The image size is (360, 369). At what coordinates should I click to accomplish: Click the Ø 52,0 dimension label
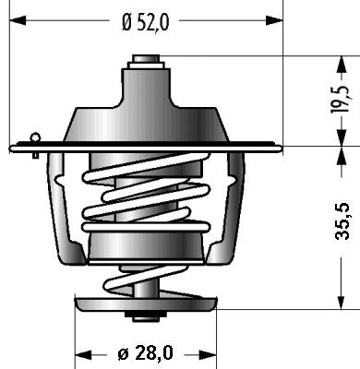[x=146, y=23]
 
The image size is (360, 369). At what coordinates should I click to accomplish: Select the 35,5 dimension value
[x=342, y=221]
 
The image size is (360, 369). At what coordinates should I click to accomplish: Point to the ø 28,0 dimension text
[x=145, y=353]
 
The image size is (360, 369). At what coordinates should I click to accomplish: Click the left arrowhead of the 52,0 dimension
[x=18, y=20]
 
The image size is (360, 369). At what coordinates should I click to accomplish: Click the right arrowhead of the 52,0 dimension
[x=274, y=20]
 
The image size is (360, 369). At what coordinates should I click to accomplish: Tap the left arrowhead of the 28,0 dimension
[x=83, y=354]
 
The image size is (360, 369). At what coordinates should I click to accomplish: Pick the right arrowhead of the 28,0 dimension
[x=208, y=354]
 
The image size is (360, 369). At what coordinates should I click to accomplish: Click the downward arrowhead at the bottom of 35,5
[x=342, y=302]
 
